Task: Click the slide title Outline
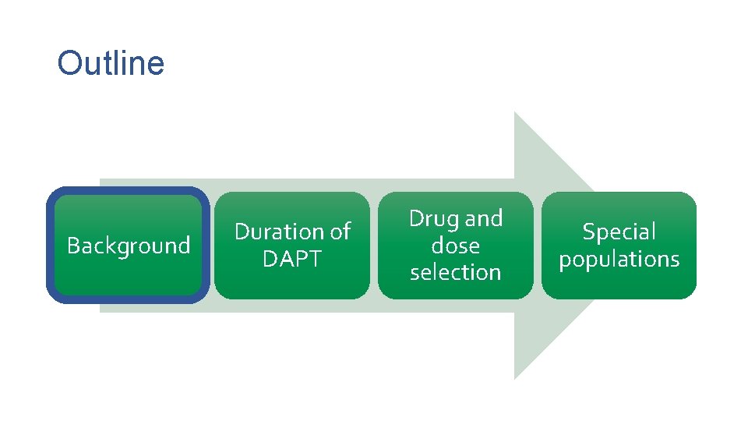coord(111,63)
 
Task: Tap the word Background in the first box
coord(129,246)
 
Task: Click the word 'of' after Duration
coord(340,232)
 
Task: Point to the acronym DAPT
coord(291,259)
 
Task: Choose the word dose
coord(456,246)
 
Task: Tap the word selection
coord(456,272)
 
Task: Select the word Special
coord(619,232)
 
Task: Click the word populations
coord(619,259)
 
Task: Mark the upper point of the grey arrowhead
coord(515,113)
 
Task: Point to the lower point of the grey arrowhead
coord(515,378)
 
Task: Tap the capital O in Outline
coord(69,63)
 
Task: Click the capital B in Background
coord(72,246)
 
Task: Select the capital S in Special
coord(589,232)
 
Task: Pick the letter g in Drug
coord(453,221)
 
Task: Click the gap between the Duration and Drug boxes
coord(374,246)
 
